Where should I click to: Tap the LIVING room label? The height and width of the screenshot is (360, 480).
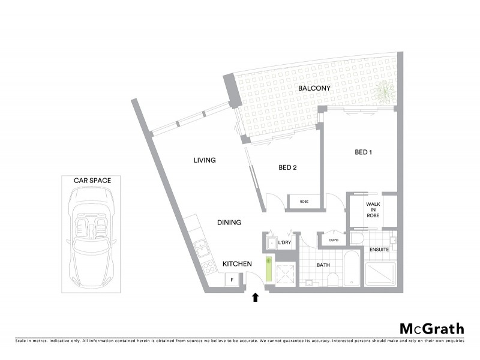coord(204,160)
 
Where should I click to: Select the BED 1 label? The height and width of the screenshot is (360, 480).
coord(364,152)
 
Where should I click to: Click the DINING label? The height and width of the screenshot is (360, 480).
coord(229,223)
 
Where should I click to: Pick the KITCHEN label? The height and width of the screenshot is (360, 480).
coord(236,264)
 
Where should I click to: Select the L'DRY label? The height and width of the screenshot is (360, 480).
coord(285,243)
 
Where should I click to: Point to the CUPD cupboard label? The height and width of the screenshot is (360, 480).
coord(334,240)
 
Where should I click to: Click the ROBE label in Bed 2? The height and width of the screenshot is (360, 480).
coord(304,202)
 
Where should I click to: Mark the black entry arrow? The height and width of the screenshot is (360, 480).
coord(255,296)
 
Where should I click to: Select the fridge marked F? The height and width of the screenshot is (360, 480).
coord(230,280)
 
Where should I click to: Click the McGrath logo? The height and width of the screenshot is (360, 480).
coord(431,328)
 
